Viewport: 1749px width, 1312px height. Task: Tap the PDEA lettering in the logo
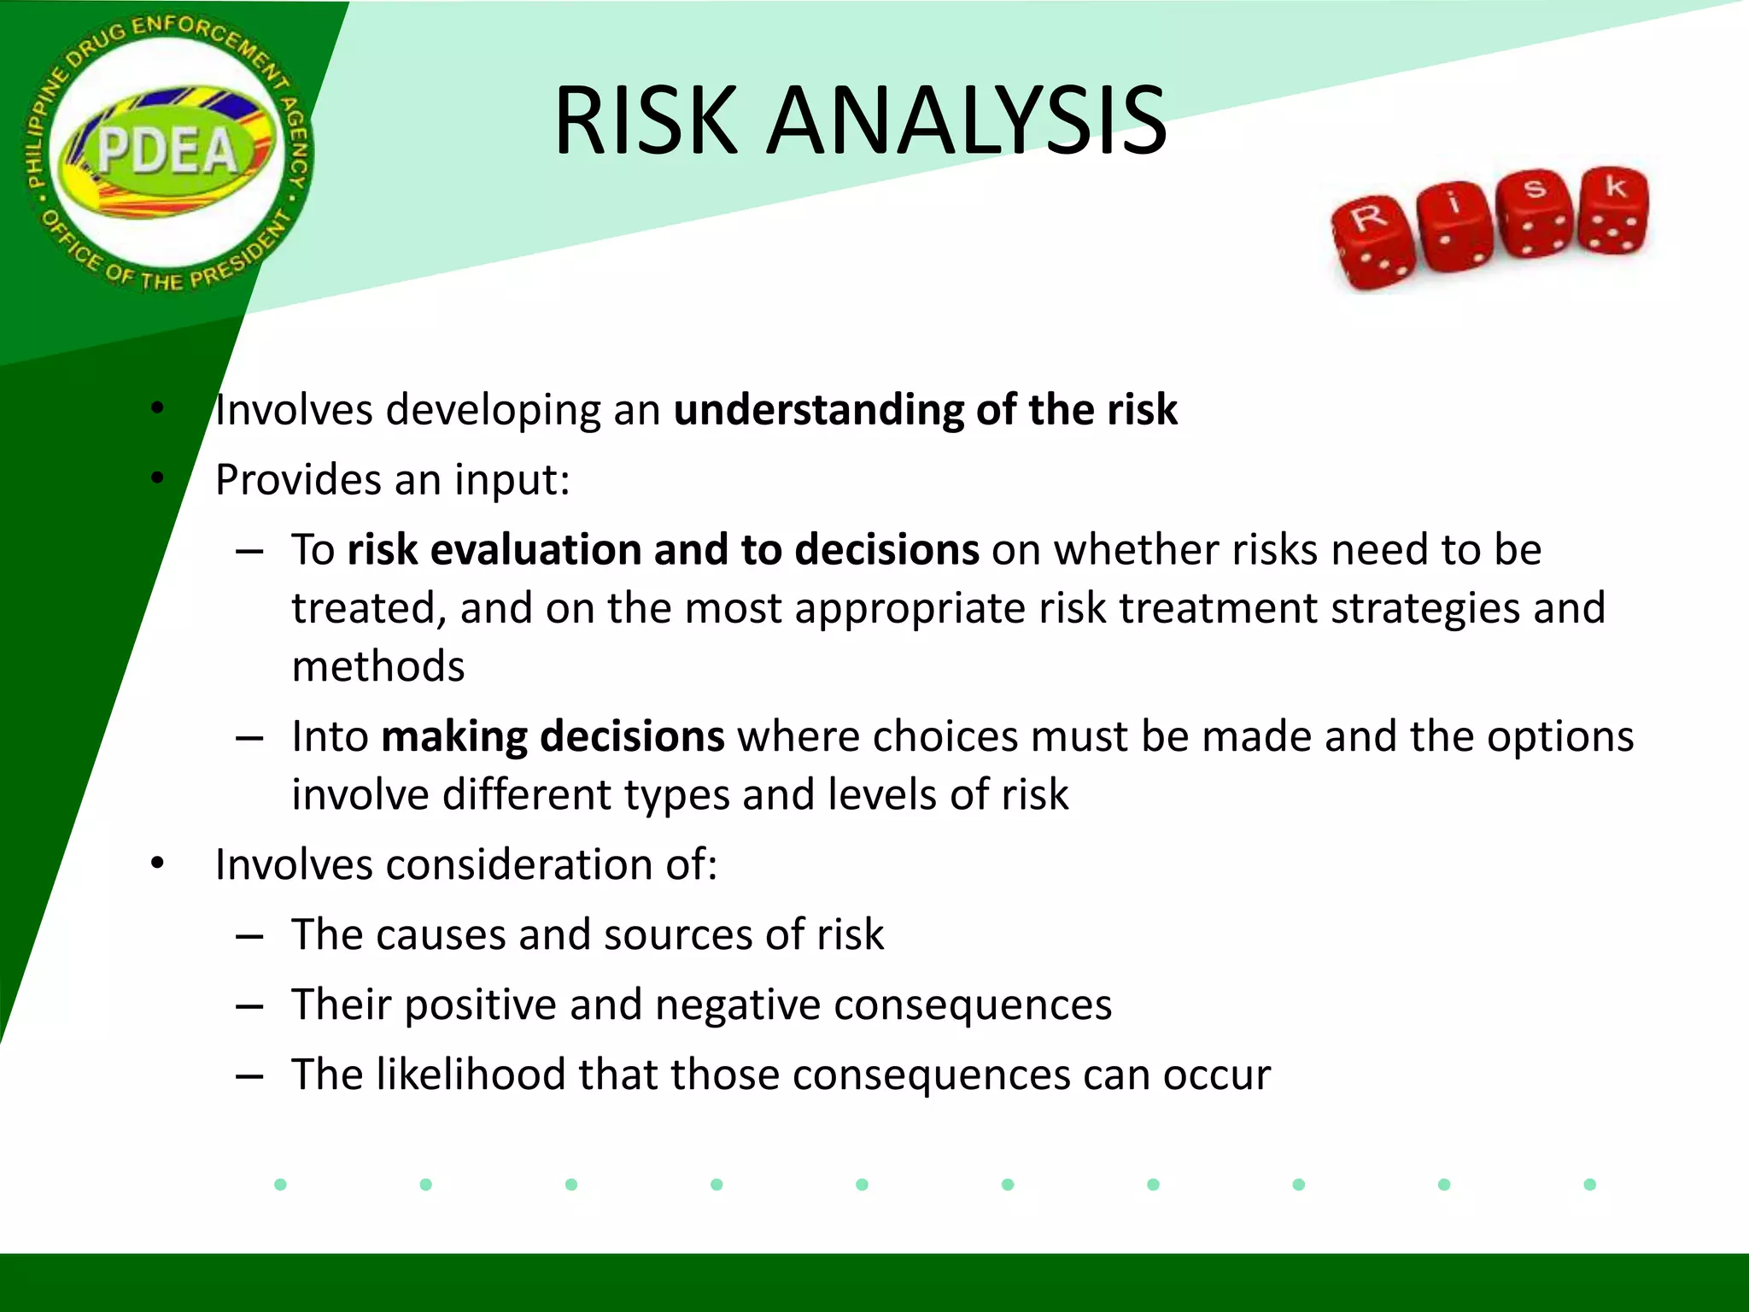[167, 152]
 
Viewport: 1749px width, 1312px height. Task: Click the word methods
[378, 666]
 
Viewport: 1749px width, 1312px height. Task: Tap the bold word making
[453, 736]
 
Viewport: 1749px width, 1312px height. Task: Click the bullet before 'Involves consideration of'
[157, 864]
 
